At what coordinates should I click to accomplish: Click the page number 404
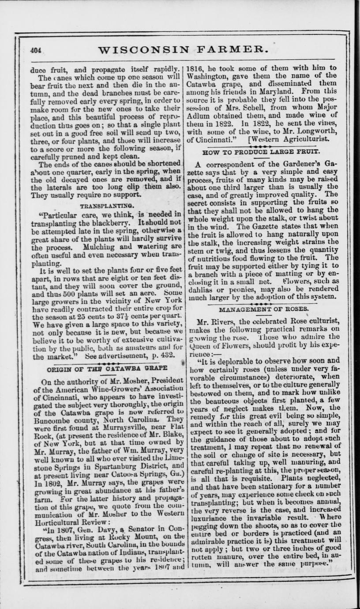[x=36, y=51]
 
